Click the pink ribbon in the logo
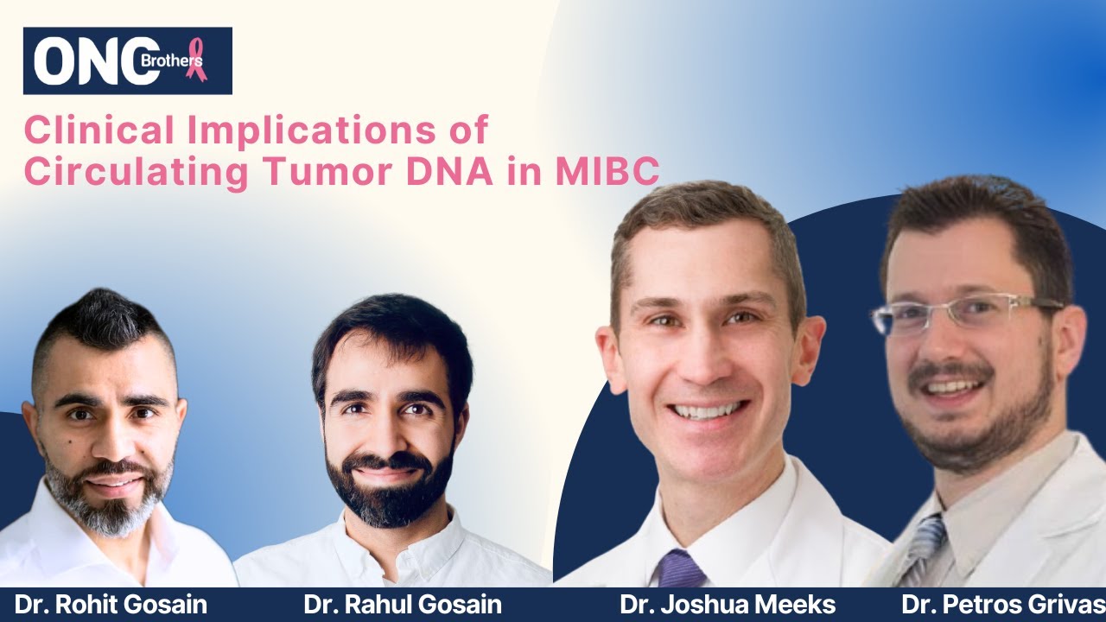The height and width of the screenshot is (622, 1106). coord(196,60)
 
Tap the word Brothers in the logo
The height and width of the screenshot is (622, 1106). coord(171,60)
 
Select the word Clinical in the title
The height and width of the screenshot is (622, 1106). coord(99,130)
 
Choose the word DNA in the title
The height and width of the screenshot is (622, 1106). coord(449,171)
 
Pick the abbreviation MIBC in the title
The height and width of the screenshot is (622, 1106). coord(607,171)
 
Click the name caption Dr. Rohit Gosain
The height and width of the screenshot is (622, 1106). coord(111,605)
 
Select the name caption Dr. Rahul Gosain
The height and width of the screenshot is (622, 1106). coord(403,605)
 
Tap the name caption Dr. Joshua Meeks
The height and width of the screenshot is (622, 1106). coord(728,605)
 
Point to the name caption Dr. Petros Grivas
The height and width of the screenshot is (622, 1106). coord(1003,605)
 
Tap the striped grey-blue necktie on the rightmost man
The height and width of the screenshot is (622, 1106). coord(922,548)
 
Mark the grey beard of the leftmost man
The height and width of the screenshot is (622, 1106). coord(110,498)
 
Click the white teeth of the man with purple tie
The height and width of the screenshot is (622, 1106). coord(707,409)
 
